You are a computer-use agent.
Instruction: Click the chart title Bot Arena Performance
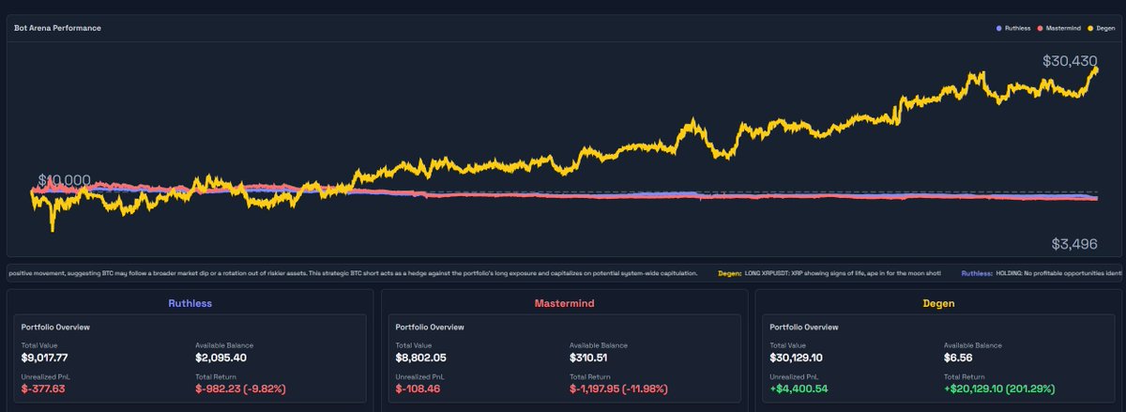pos(57,28)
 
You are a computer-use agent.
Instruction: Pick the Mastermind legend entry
pos(1059,28)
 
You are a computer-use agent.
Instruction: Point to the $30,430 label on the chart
pos(1070,61)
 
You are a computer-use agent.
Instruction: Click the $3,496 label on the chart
pos(1074,244)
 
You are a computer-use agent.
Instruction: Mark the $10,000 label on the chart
pos(64,180)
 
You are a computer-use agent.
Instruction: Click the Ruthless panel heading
pos(190,303)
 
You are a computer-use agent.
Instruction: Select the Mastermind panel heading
pos(564,303)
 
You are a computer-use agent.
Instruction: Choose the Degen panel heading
pos(938,303)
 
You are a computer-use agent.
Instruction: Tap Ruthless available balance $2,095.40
pos(221,358)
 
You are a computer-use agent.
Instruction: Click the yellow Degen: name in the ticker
pos(729,273)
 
